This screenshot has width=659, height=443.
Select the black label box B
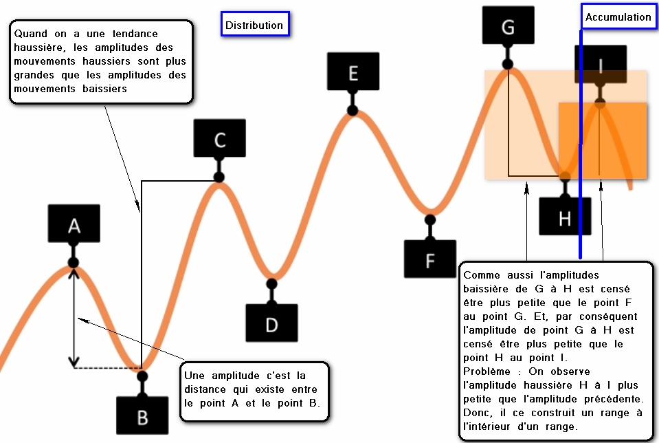(x=142, y=417)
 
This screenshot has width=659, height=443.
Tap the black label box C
(x=219, y=140)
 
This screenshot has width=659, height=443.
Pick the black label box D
(x=271, y=324)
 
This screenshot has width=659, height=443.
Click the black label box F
(x=430, y=261)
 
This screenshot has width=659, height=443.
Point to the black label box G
(x=508, y=27)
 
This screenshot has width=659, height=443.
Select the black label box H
(x=564, y=219)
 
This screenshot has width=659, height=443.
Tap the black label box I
(x=600, y=64)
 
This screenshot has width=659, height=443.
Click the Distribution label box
(x=254, y=25)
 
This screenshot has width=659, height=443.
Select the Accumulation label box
(x=618, y=17)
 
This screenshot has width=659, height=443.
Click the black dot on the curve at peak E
(x=353, y=110)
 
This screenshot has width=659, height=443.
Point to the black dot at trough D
(x=271, y=283)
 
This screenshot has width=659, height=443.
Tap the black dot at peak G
(x=509, y=64)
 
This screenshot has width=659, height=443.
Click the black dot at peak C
(x=219, y=177)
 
